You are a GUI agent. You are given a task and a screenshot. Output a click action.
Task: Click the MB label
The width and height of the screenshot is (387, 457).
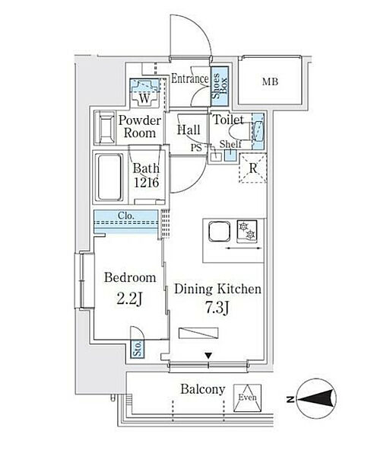point(270,82)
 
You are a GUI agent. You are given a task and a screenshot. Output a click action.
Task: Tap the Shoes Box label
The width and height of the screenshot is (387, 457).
point(220,86)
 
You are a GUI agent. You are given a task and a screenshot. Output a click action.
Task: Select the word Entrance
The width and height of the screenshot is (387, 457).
point(190,78)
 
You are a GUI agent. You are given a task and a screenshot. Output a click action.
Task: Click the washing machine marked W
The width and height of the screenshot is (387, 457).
point(144,93)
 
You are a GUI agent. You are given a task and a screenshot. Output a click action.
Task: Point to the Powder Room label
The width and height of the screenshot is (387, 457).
point(140,126)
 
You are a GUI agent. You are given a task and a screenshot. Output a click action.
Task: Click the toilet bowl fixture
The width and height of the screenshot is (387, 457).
point(239,132)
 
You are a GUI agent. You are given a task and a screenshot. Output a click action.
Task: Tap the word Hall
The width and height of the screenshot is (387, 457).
point(189,130)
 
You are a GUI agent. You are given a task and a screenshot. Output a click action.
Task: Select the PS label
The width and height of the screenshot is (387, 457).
point(196,148)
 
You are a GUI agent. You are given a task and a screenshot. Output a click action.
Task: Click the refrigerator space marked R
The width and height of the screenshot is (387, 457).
point(253,168)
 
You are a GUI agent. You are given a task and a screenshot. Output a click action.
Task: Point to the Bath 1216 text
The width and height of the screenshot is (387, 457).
point(147,175)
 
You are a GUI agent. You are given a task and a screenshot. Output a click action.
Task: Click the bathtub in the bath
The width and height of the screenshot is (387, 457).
point(109,177)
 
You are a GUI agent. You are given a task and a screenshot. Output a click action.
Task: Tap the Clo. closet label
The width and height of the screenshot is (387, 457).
point(126,216)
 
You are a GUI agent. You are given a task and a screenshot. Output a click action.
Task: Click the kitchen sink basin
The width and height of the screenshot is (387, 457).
point(220,231)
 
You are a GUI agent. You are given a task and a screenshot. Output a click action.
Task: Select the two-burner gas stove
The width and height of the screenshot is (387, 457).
point(247,231)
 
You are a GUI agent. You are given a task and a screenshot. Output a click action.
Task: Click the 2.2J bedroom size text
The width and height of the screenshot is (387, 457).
point(129,299)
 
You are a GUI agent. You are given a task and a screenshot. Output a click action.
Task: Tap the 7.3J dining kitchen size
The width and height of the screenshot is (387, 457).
point(217,308)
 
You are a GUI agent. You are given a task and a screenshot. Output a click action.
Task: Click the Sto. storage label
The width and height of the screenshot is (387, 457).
point(138,349)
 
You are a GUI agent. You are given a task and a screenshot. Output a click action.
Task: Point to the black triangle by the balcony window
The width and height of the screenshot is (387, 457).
point(208,356)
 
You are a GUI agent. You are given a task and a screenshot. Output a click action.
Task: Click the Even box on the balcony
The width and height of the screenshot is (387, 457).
point(248,398)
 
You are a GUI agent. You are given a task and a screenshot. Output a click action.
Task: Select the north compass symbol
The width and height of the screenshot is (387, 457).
point(316,398)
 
